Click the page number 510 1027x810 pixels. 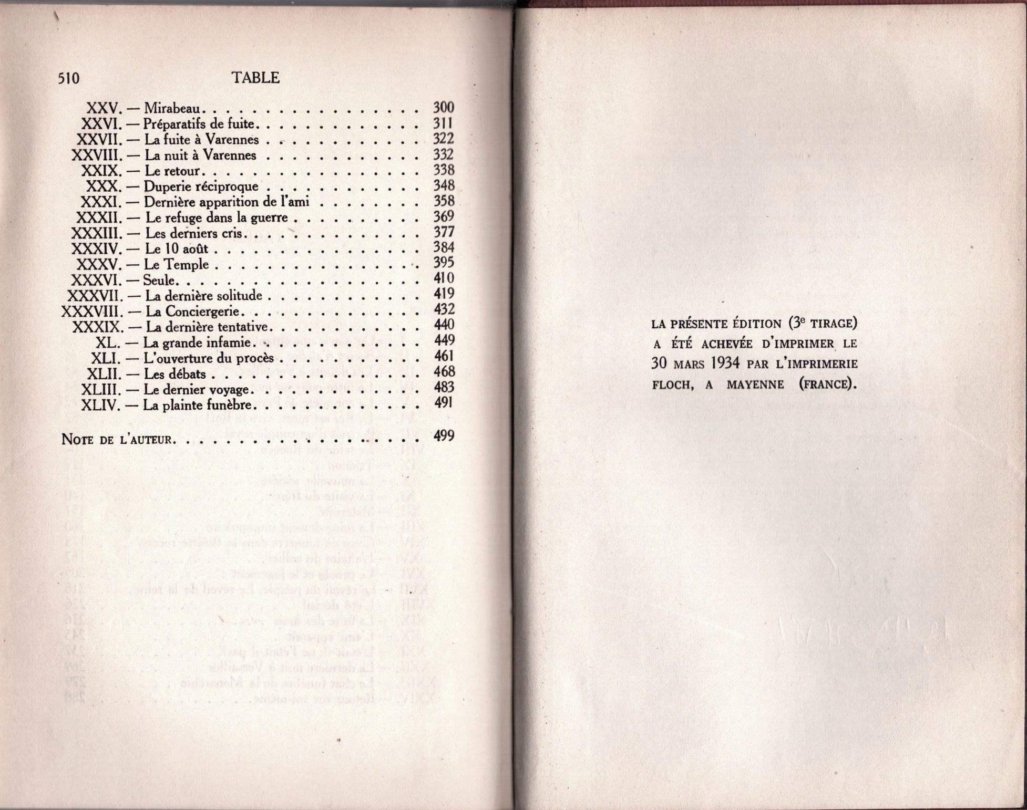pos(69,79)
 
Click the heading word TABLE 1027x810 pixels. pos(255,78)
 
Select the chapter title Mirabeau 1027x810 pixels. pos(172,108)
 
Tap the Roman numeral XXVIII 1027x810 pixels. pos(97,155)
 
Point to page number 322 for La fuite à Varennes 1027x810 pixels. pos(443,139)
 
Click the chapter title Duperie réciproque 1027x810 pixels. pos(201,186)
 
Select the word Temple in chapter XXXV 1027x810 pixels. pos(187,264)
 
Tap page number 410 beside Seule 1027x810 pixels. pos(444,278)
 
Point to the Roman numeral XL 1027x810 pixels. pos(108,343)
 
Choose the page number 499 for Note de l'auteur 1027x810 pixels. pos(444,435)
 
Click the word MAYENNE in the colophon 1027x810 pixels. pos(755,385)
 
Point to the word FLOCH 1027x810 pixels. pos(671,385)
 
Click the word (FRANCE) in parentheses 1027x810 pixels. pos(827,385)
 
